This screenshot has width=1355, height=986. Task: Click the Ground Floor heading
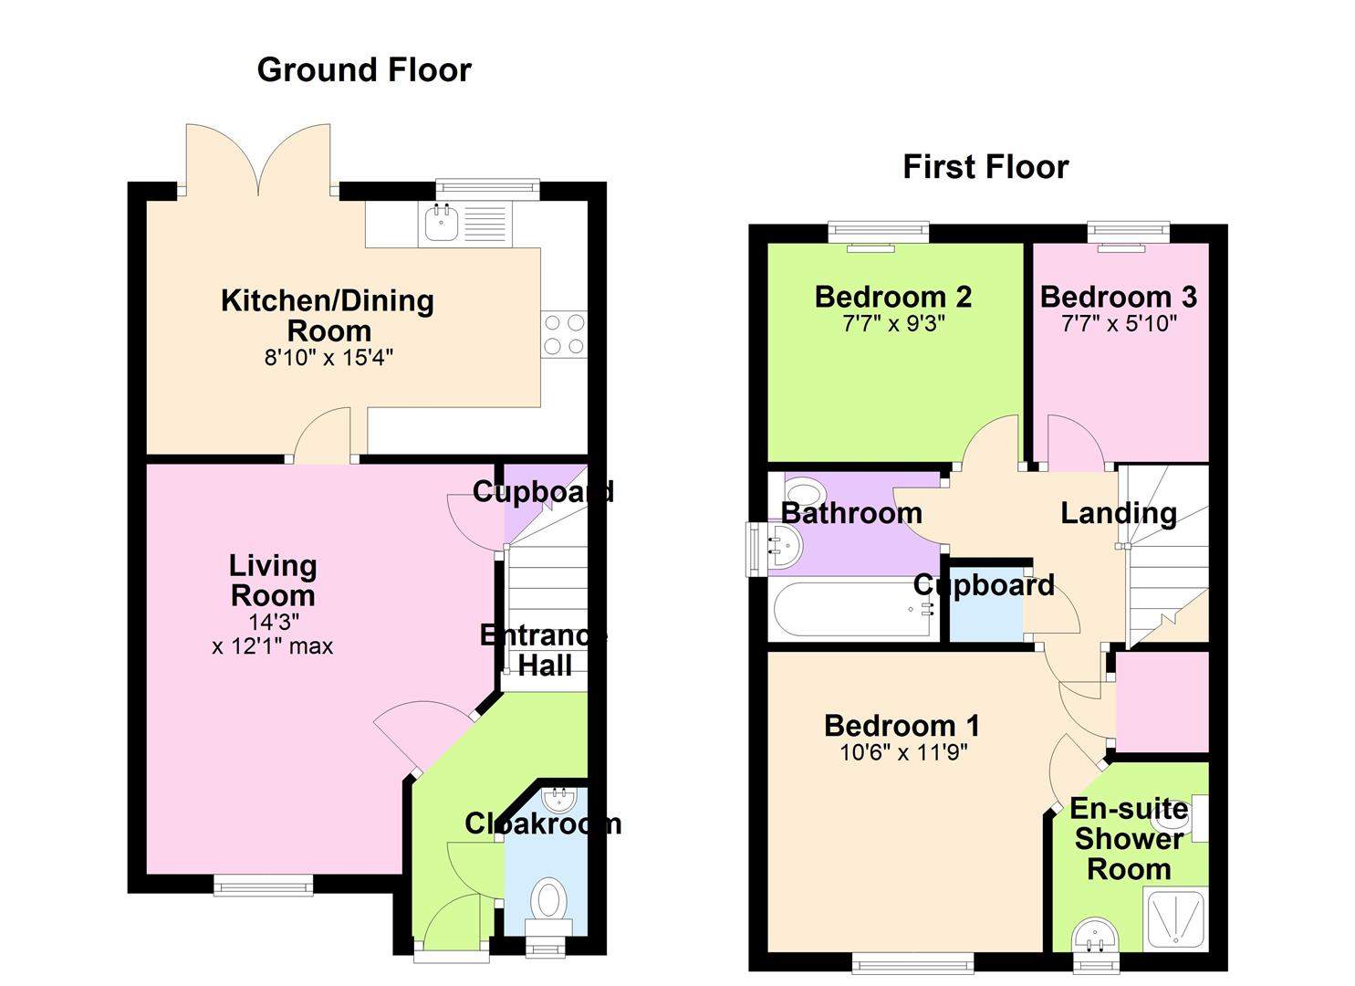[364, 69]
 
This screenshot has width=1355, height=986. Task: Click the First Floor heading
[985, 167]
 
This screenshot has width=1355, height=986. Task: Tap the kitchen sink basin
[441, 223]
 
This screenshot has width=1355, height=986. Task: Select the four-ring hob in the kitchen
[564, 334]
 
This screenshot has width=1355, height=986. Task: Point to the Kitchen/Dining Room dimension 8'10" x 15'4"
[328, 358]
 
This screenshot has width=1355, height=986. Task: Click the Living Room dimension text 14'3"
[274, 622]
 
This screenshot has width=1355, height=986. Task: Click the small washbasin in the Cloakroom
[558, 800]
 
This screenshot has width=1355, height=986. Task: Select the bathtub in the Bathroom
[854, 609]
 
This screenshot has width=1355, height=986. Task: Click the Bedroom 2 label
[893, 297]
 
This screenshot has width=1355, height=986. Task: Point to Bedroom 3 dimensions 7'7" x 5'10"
[1119, 324]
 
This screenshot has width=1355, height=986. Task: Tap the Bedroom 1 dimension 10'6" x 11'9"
[903, 752]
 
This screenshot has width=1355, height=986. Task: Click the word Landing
[1119, 513]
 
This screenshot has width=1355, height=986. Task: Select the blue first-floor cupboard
[986, 603]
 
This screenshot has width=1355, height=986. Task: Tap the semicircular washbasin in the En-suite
[1096, 936]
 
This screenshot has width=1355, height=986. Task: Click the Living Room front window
[263, 885]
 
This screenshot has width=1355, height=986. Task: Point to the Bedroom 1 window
[912, 963]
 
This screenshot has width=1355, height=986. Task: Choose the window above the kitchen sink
[487, 189]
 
